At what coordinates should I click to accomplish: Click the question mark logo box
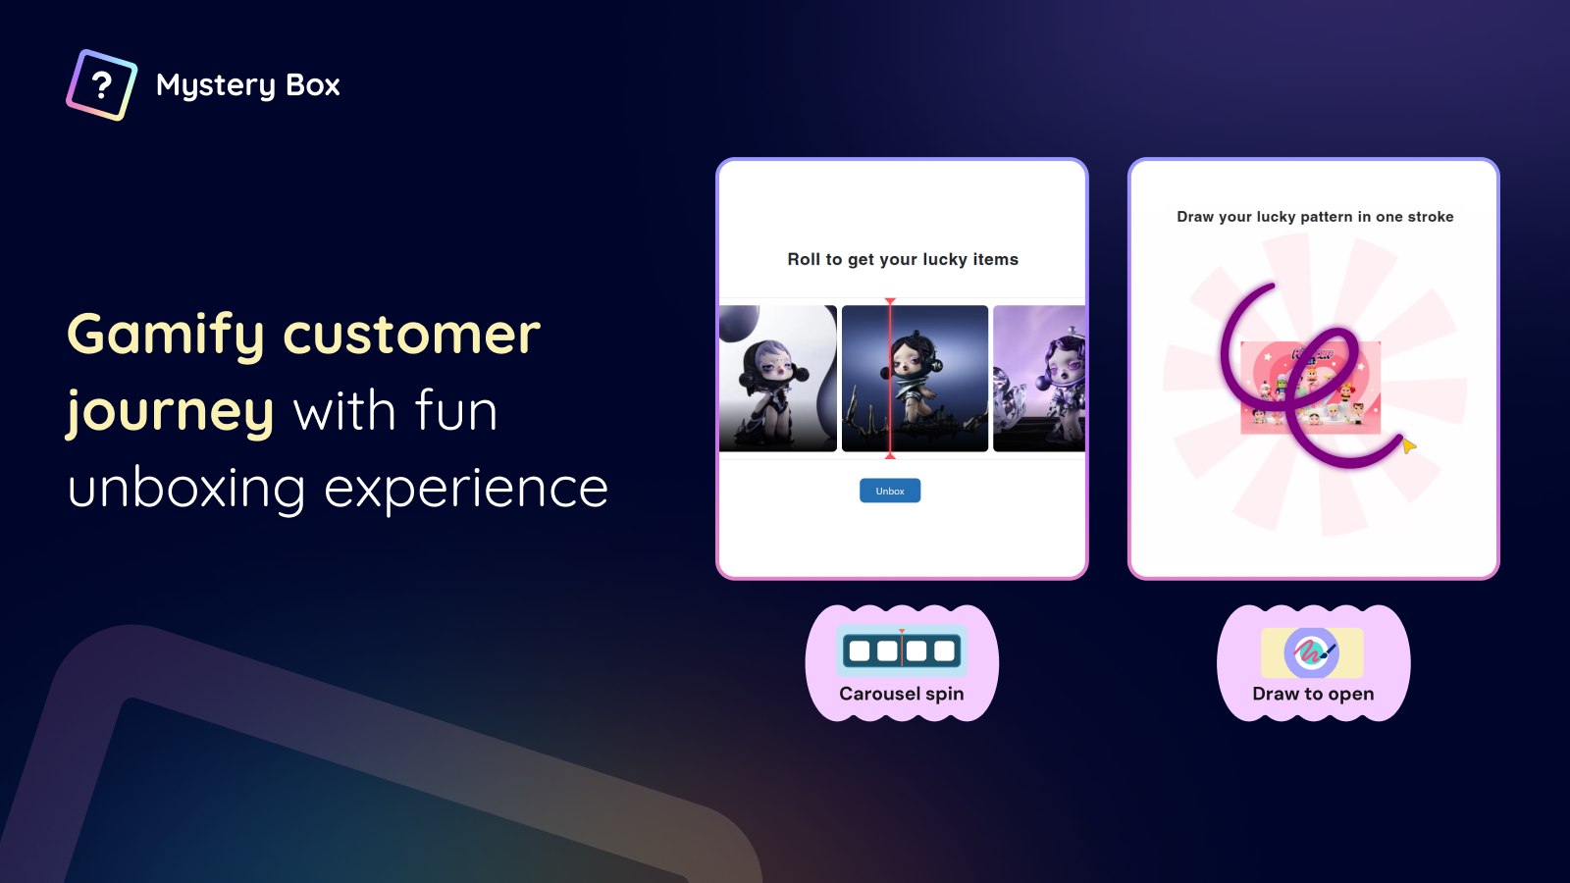pos(102,84)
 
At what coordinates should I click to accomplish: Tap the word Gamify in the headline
pos(166,336)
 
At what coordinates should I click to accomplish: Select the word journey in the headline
pos(170,412)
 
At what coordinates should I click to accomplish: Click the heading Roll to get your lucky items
pos(903,259)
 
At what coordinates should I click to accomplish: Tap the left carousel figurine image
pos(778,379)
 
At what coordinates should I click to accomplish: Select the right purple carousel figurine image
pos(1039,379)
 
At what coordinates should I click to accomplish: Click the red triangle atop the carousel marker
pos(890,301)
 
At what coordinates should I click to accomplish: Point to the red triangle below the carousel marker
pos(890,456)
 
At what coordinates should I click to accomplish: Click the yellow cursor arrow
pos(1409,445)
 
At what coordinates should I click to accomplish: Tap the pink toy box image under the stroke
pos(1311,388)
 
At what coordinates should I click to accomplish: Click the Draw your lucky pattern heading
pos(1315,217)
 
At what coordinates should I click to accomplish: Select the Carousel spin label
pos(902,694)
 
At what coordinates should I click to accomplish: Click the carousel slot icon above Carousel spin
pos(902,651)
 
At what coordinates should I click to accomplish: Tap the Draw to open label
pos(1313,694)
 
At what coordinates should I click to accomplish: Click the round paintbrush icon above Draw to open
pos(1311,653)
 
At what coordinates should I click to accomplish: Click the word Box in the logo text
pos(313,84)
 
